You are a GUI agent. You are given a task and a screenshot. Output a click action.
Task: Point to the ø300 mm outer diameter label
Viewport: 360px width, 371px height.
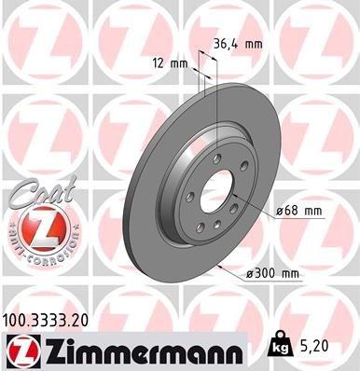coord(272,273)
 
